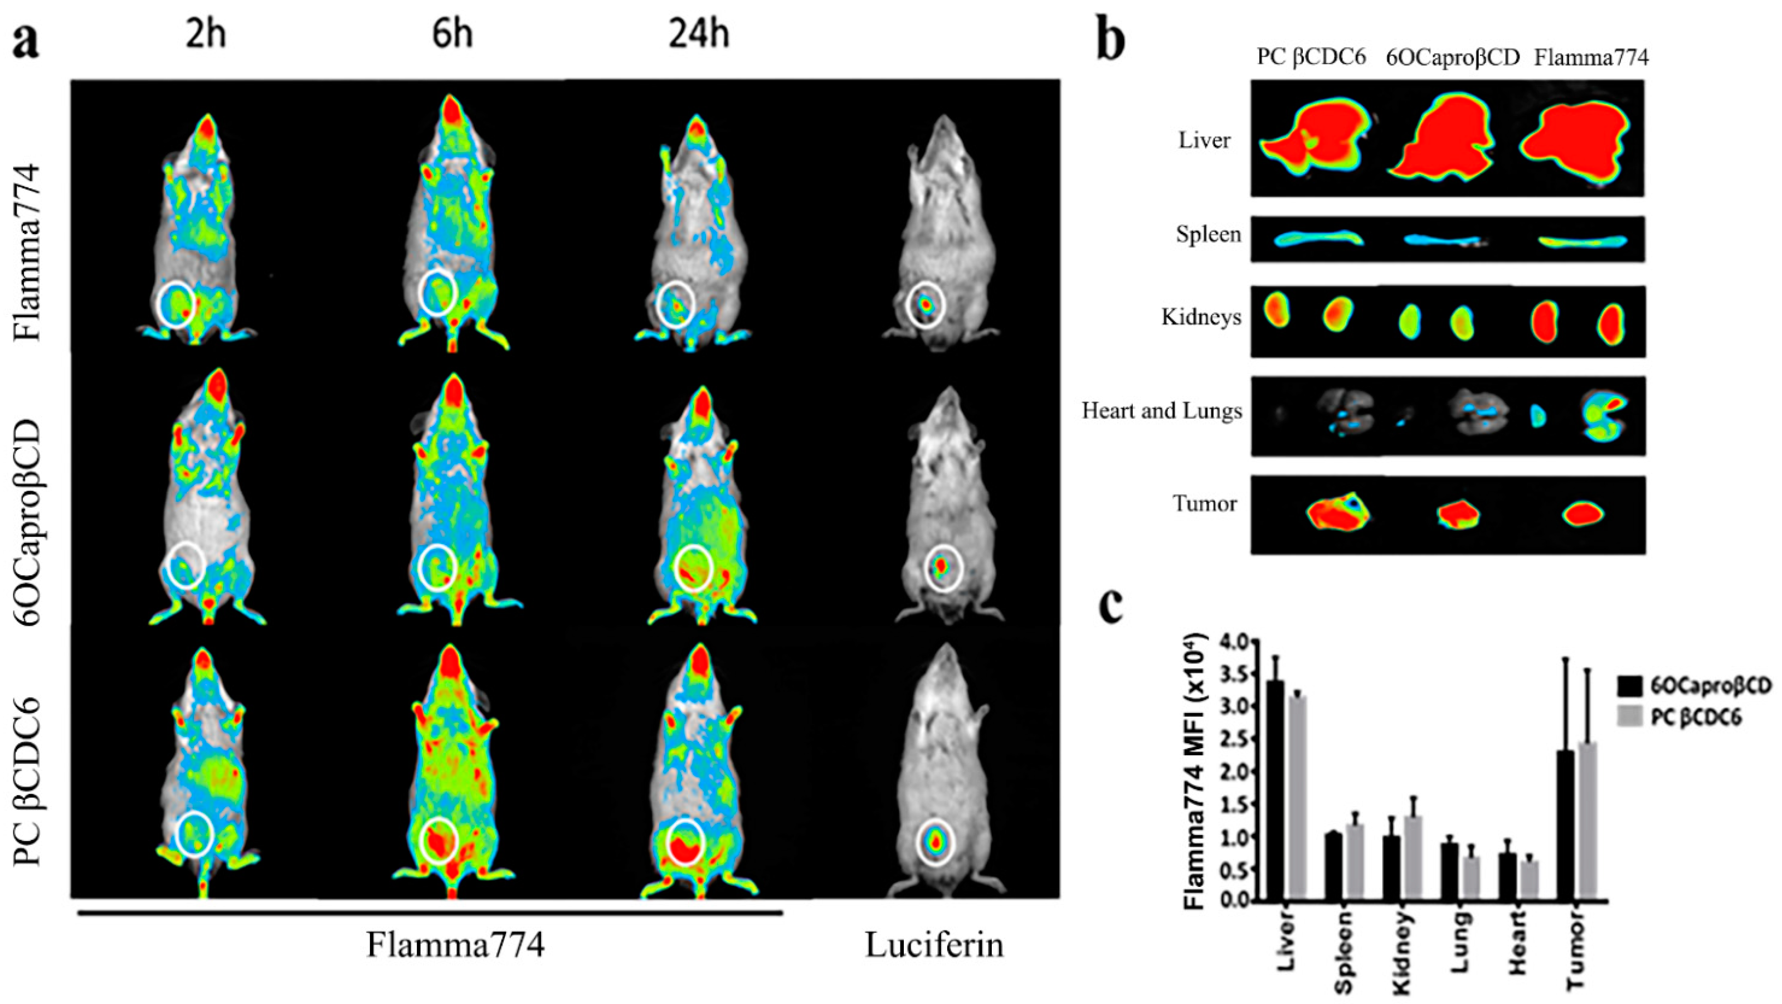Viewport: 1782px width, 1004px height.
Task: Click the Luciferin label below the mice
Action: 934,945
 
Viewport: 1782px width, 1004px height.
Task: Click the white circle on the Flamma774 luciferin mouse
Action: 926,304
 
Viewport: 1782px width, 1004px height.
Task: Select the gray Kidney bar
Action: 1409,858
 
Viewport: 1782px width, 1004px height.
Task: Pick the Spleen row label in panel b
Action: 1208,235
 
